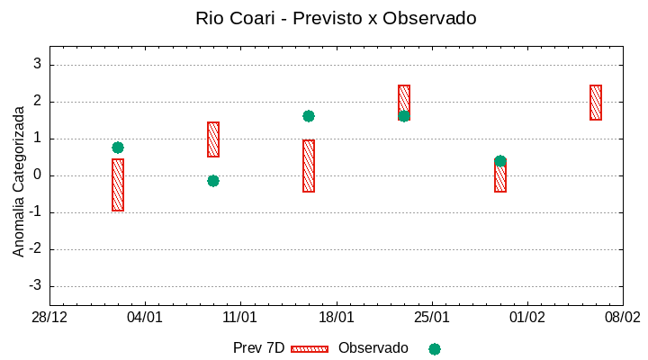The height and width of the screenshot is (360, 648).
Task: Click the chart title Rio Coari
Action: (x=336, y=18)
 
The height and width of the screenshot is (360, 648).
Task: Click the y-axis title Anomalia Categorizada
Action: (x=19, y=181)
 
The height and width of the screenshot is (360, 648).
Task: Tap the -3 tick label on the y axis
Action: (x=35, y=286)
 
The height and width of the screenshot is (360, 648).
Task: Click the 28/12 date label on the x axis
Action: (x=49, y=318)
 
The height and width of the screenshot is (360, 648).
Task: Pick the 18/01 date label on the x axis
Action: (x=336, y=318)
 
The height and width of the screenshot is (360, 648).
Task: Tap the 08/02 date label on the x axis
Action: (x=622, y=318)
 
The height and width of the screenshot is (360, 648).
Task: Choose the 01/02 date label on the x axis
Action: (x=527, y=318)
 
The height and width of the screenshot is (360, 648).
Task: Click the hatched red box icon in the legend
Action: (x=310, y=348)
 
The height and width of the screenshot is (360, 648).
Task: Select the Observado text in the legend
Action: (x=373, y=348)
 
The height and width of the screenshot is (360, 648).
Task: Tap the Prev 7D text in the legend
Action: (x=258, y=348)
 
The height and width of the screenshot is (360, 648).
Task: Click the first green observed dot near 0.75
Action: (x=118, y=148)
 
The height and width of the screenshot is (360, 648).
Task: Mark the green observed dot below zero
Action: (x=213, y=181)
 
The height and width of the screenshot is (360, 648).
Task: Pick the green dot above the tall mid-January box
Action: (x=309, y=116)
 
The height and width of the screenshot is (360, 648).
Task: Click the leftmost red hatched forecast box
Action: (x=118, y=184)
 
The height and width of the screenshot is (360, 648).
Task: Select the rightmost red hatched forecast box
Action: (x=596, y=103)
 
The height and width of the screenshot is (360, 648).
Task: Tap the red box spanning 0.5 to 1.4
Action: (x=213, y=139)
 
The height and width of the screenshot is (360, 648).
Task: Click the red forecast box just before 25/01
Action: (x=404, y=101)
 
